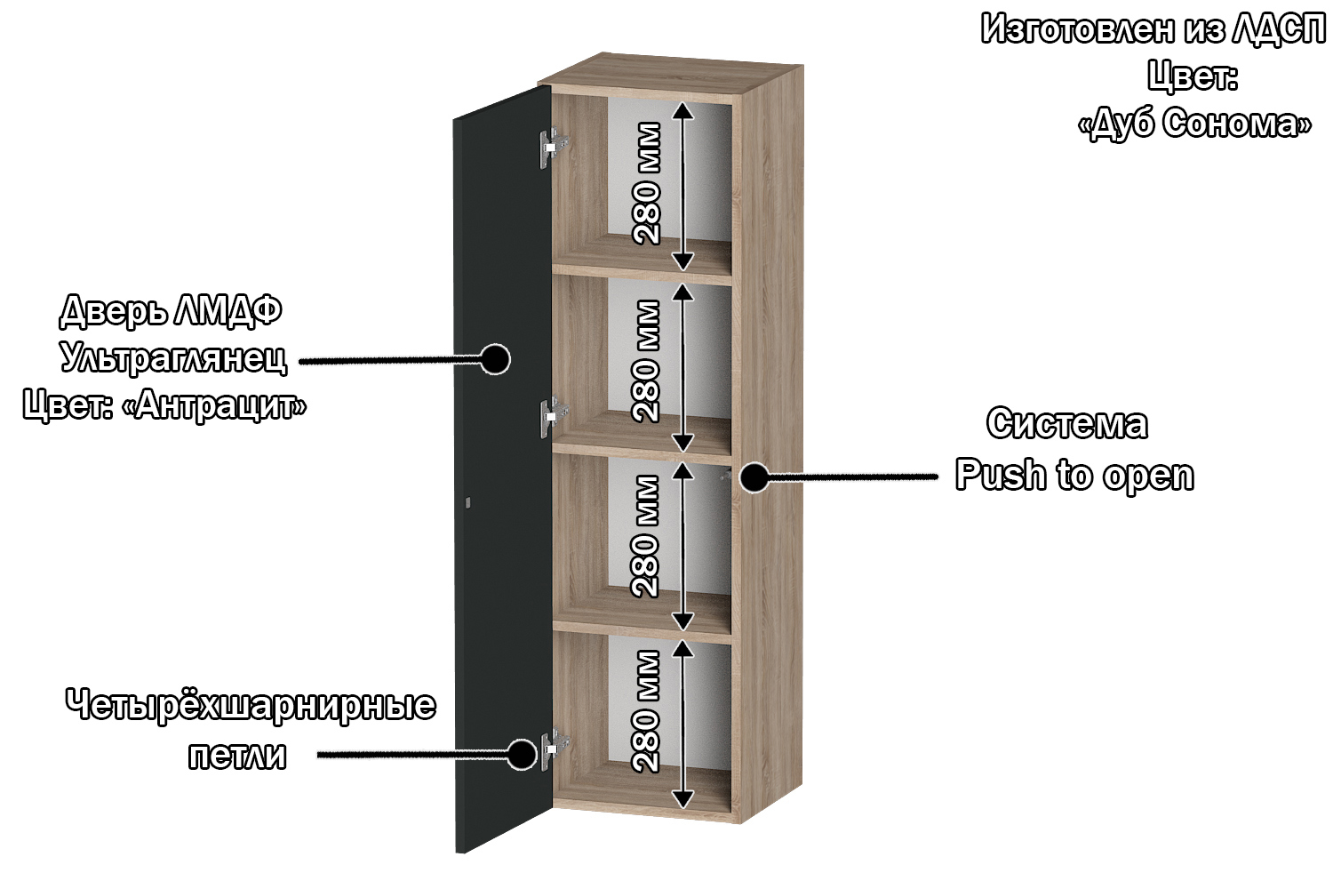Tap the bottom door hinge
555,749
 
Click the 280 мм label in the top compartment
646,183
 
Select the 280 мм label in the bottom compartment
646,711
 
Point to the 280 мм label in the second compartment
646,361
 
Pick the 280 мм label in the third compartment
646,536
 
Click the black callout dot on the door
494,359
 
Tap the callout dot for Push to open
754,477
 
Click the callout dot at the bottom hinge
522,754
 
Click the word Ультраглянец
173,358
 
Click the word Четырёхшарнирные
251,705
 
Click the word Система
1067,424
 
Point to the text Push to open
1074,475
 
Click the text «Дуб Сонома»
1195,124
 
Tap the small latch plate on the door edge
467,502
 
